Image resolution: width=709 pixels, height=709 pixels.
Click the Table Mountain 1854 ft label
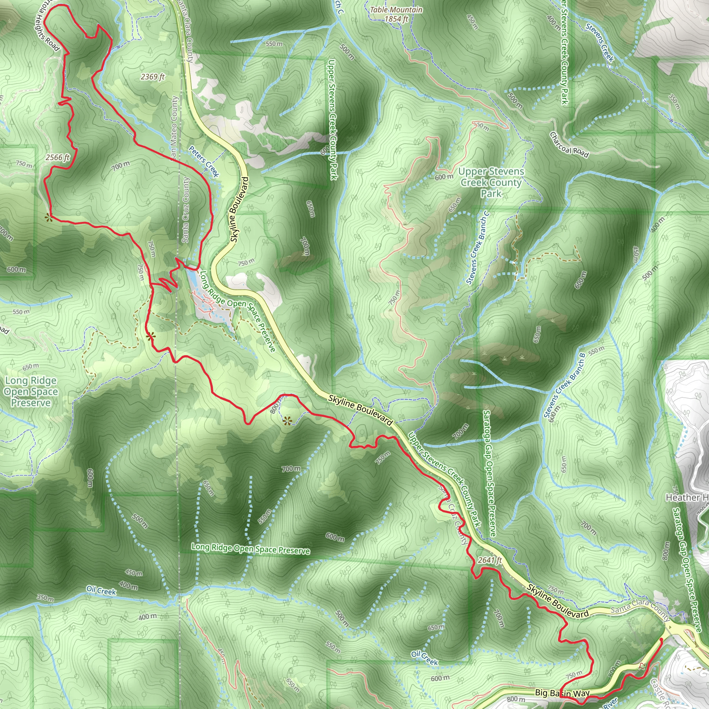coord(396,14)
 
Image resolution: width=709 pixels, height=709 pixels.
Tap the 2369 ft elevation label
coord(153,77)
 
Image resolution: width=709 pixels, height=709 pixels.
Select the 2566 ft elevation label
coord(57,158)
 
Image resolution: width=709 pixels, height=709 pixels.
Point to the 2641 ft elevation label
coord(490,560)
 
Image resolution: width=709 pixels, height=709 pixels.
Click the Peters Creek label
coord(204,161)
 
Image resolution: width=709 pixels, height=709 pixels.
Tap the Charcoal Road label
coord(569,145)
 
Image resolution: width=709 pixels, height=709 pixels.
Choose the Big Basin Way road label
coord(562,693)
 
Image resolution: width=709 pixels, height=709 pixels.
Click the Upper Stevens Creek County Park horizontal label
coord(491,182)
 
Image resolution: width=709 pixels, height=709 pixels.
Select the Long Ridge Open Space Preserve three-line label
coord(31,392)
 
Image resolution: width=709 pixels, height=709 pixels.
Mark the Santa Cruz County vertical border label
coord(186,210)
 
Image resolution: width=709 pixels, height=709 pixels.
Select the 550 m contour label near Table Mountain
coord(274,44)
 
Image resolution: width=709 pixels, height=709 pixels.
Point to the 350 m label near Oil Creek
coord(45,598)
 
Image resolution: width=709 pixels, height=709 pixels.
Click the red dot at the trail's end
coord(661,640)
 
